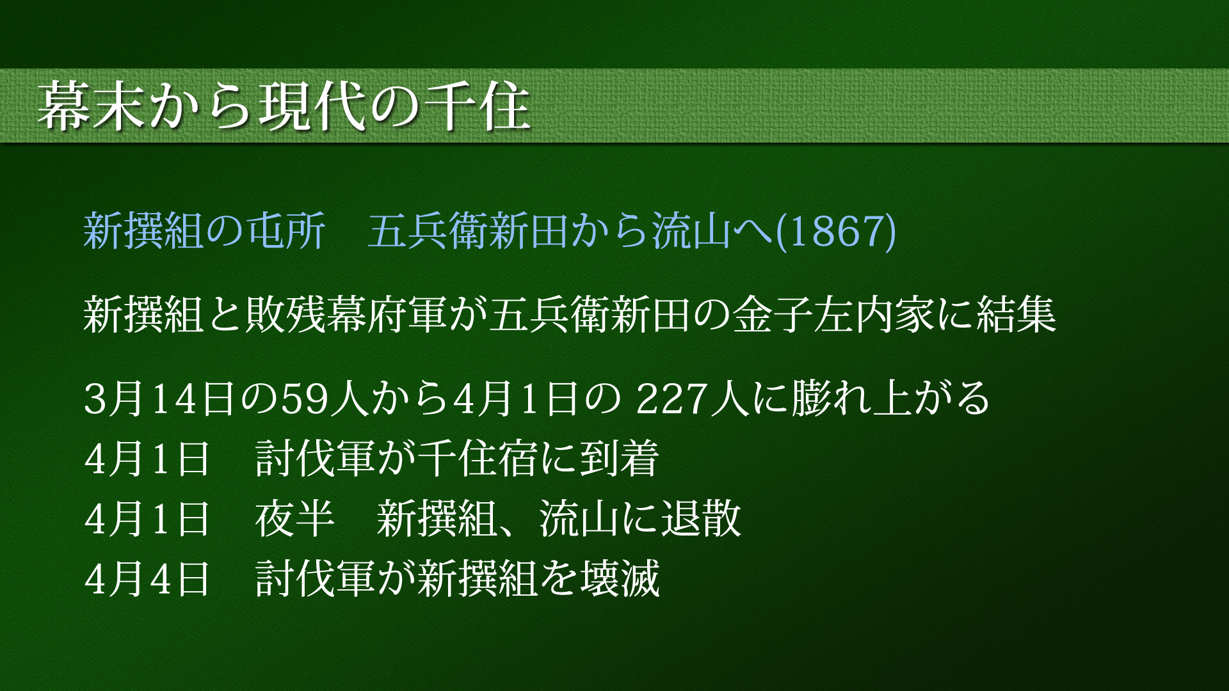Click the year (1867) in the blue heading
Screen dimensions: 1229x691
pyautogui.click(x=835, y=231)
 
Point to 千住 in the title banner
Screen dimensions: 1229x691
pyautogui.click(x=478, y=106)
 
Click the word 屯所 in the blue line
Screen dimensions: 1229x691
pyautogui.click(x=286, y=231)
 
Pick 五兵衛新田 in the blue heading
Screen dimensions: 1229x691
pyautogui.click(x=469, y=231)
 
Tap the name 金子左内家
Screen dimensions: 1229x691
pyautogui.click(x=834, y=315)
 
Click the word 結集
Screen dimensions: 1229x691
pyautogui.click(x=1016, y=315)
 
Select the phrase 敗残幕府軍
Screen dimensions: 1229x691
pyautogui.click(x=346, y=315)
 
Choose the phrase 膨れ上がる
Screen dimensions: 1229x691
pyautogui.click(x=891, y=399)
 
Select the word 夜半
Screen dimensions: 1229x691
pyautogui.click(x=295, y=519)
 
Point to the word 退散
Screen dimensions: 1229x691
pyautogui.click(x=701, y=519)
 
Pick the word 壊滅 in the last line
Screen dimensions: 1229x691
pyautogui.click(x=620, y=579)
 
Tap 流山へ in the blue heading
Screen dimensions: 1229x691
pyautogui.click(x=714, y=231)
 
